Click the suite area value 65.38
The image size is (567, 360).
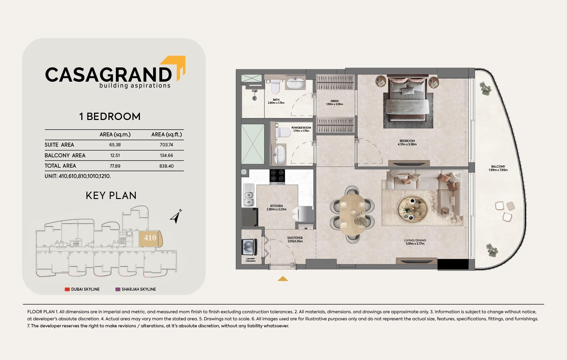point(115,145)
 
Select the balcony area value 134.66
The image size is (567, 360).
point(166,155)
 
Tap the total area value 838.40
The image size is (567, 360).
point(166,166)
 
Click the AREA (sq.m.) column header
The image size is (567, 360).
point(115,135)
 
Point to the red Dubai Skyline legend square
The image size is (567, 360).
point(67,289)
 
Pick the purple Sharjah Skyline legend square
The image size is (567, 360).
point(118,289)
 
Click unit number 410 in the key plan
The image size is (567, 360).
point(150,238)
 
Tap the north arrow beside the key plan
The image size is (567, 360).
point(176,217)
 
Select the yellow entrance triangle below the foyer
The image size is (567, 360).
point(283,279)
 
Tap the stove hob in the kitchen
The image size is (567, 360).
point(277,176)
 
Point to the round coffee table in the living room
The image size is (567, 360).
point(412,209)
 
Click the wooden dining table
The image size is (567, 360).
point(352,215)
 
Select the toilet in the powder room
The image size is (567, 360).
point(283,132)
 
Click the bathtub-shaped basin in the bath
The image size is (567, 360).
point(296,83)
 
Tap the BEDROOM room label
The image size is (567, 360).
point(407,141)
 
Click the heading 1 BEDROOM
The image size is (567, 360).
point(110,117)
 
